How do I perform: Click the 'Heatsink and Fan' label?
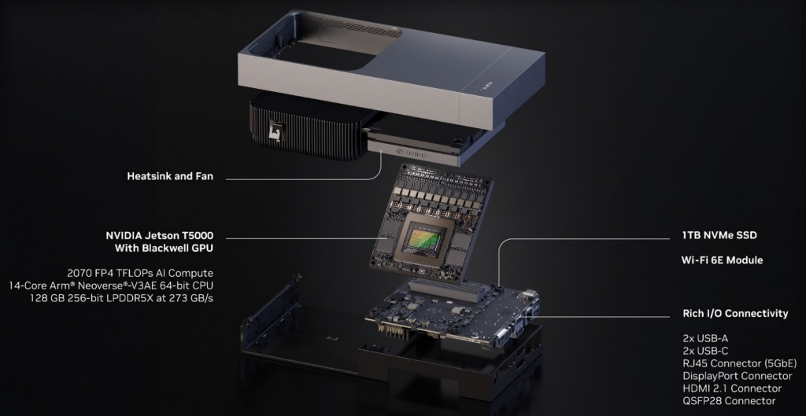(x=170, y=176)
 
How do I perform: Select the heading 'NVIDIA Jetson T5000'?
(x=159, y=236)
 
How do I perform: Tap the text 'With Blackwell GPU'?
(x=164, y=248)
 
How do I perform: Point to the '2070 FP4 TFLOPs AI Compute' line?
(x=140, y=273)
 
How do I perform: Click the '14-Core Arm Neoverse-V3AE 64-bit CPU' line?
(x=111, y=285)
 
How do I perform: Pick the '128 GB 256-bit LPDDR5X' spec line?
(x=121, y=297)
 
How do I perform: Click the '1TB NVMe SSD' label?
(x=719, y=235)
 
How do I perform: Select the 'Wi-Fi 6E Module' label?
(x=723, y=260)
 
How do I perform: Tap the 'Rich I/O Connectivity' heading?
(x=735, y=313)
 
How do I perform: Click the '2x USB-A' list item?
(x=705, y=338)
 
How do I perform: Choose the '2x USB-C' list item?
(x=705, y=351)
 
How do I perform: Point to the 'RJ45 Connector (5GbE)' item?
(x=740, y=363)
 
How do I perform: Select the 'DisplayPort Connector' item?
(x=737, y=376)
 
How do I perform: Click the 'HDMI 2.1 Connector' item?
(x=732, y=388)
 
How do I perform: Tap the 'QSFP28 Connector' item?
(x=729, y=400)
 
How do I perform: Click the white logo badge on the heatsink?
(x=276, y=131)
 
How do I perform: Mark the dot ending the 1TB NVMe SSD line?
(x=498, y=284)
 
